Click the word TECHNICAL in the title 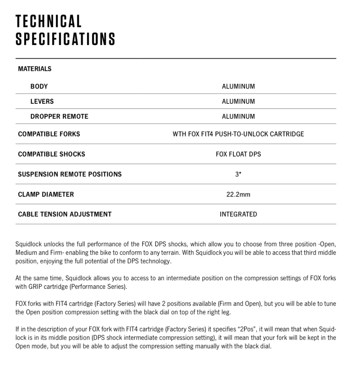49,21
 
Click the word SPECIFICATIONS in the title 65,39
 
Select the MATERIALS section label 35,69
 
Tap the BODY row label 39,86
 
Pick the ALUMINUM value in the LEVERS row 238,102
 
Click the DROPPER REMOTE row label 59,117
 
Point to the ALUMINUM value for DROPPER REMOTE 238,117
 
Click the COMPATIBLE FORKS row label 49,134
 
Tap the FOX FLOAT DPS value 238,154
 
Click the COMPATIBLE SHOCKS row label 51,154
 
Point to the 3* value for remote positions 238,174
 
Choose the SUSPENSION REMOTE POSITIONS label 70,174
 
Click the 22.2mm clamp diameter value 238,194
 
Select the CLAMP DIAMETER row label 46,194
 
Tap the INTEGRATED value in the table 238,214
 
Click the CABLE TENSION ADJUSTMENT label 65,214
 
